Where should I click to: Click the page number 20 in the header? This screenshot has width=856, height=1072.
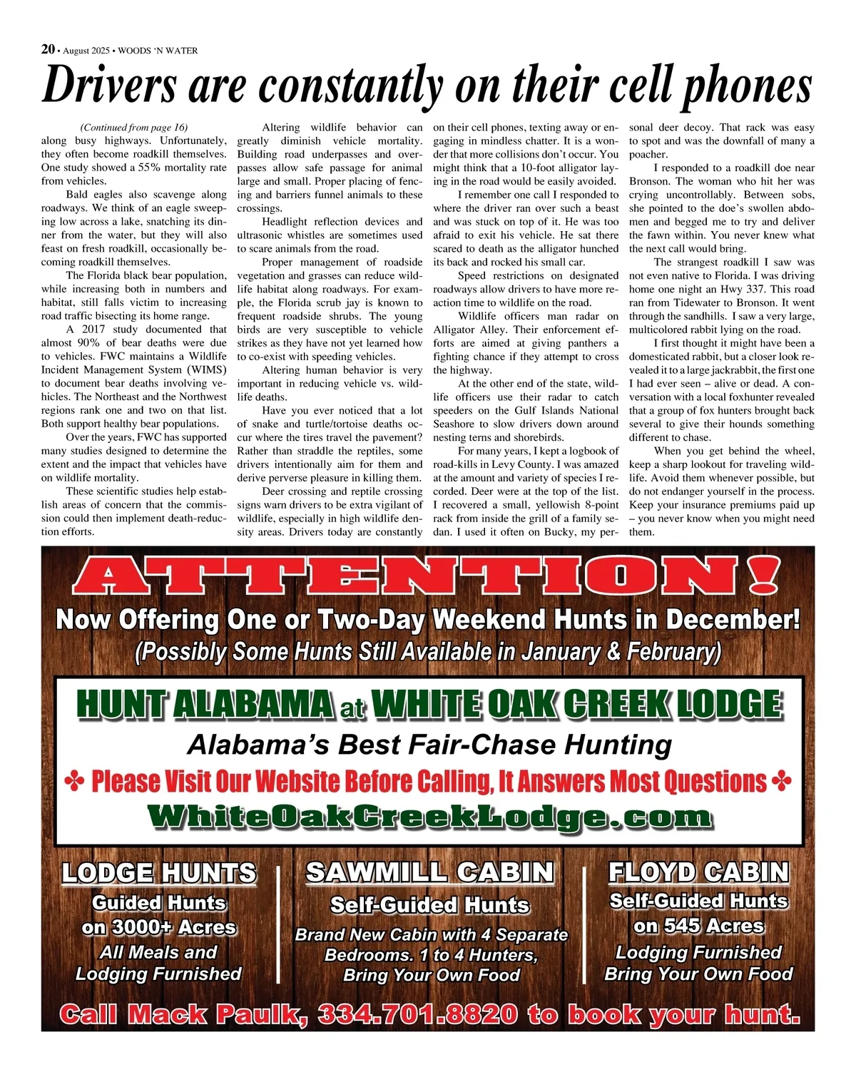click(48, 49)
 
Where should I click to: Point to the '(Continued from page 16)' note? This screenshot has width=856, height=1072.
click(134, 128)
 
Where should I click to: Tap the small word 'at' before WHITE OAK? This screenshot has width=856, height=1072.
click(352, 710)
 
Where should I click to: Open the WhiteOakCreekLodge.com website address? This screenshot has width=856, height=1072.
click(429, 816)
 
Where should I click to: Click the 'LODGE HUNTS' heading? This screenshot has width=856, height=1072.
click(158, 873)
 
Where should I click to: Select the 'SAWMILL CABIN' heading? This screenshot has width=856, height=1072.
click(429, 872)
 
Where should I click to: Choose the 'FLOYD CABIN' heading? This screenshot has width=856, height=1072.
click(698, 872)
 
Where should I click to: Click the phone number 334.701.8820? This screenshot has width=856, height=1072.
click(418, 1014)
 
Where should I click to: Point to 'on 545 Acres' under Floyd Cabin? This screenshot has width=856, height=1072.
click(698, 926)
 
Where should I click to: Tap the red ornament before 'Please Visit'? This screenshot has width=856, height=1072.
click(74, 782)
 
